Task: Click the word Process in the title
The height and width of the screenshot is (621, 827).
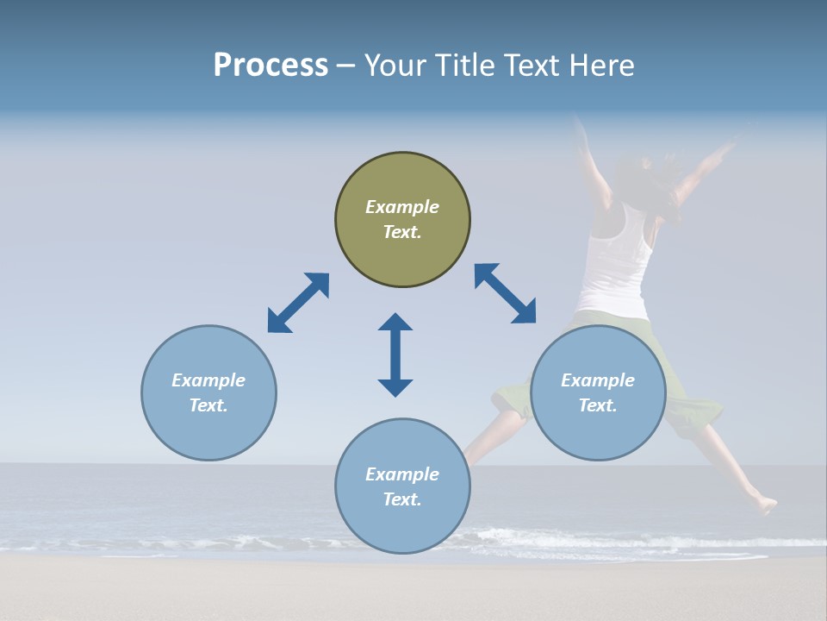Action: point(270,66)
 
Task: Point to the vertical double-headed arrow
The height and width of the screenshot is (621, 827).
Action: point(395,354)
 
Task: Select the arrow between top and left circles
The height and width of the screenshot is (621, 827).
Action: point(298,303)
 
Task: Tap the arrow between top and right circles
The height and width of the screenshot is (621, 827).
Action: point(505,293)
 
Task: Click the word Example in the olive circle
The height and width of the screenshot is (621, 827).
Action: point(402,207)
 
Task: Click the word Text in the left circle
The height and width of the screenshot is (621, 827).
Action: point(208,405)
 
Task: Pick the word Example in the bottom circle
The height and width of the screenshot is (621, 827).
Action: point(402,474)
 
